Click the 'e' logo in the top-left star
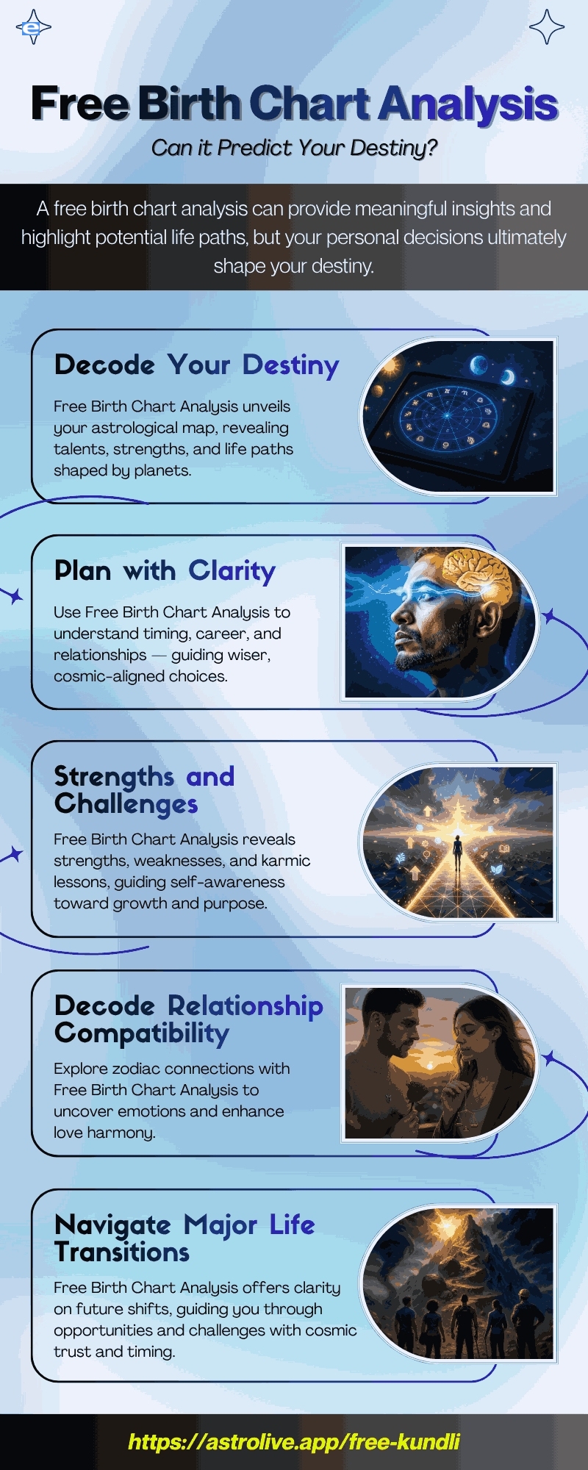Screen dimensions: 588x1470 pos(31,28)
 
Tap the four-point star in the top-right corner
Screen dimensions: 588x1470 pos(547,27)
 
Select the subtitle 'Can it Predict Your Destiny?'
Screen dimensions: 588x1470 pos(294,148)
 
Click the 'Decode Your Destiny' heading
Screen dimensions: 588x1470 pos(197,365)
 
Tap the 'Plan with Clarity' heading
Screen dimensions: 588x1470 pos(165,570)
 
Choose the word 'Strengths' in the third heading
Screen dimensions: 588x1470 pos(114,777)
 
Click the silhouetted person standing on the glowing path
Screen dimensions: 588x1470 pos(457,853)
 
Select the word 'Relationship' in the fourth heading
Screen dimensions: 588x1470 pos(245,1006)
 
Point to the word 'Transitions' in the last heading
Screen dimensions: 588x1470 pos(122,1252)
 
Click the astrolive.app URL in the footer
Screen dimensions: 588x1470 pos(294,1441)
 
